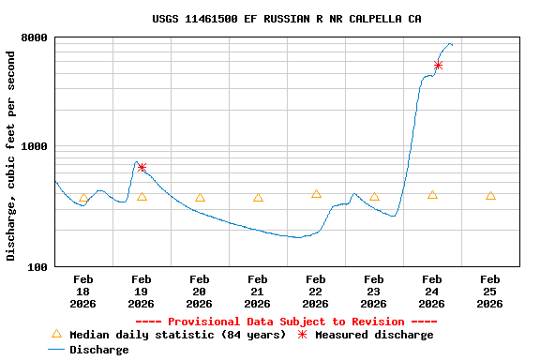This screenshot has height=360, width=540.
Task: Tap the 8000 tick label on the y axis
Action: coord(37,37)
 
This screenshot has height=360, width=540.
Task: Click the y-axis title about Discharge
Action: coord(11,156)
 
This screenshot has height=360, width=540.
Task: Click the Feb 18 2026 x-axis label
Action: coord(82,291)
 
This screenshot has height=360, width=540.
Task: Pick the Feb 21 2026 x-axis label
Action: coord(257,291)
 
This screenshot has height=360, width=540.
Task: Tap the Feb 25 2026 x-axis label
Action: coord(489,291)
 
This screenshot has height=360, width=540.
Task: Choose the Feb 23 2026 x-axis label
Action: coord(373,291)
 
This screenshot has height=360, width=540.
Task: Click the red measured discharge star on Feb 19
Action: coord(142,168)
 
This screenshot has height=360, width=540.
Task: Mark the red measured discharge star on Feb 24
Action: coord(438,65)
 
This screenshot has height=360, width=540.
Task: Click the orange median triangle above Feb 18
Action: coord(83,198)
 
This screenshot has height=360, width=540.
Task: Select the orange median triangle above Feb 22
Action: coord(316,194)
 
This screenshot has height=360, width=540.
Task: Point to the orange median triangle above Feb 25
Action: coord(490,196)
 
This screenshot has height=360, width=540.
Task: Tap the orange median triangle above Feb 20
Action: coord(200,198)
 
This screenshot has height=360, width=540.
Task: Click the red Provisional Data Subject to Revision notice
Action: coord(279,322)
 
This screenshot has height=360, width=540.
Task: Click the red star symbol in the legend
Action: coord(302,335)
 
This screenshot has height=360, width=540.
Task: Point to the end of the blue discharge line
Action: coord(452,44)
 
